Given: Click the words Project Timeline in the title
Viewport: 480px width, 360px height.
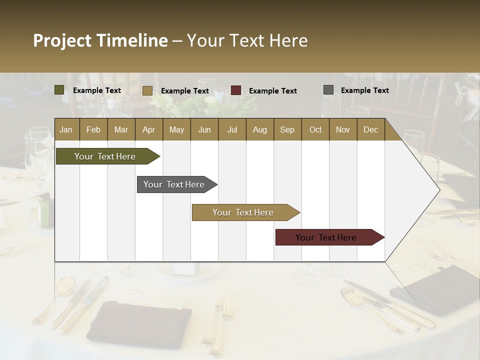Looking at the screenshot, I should pos(100,40).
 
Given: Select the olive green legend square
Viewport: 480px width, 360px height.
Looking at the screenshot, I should pos(59,90).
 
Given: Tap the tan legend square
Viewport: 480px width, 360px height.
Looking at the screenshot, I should pos(147,90).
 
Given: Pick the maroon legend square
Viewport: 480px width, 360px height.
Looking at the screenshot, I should pos(236,90).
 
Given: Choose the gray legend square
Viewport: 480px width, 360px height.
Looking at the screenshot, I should pos(328,90).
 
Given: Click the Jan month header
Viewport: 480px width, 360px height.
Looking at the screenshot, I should pos(66,130).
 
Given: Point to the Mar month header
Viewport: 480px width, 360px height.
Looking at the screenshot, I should pos(121,130).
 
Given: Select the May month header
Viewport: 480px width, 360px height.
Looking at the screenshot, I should pos(176,130).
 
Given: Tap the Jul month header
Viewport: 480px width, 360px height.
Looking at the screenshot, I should pos(232,130).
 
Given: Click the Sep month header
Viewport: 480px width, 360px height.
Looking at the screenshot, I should pos(287,130).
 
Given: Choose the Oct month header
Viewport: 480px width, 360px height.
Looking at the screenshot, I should pos(315,130).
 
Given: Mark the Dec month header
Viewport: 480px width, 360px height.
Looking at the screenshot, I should pos(370,130).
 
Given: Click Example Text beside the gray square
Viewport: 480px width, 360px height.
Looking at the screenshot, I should pos(364,90).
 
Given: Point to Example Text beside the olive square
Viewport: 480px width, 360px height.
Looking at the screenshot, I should pos(97,90).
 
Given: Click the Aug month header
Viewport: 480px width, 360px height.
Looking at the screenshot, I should pos(259,130).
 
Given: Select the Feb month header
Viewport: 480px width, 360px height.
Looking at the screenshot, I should pos(93,130).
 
